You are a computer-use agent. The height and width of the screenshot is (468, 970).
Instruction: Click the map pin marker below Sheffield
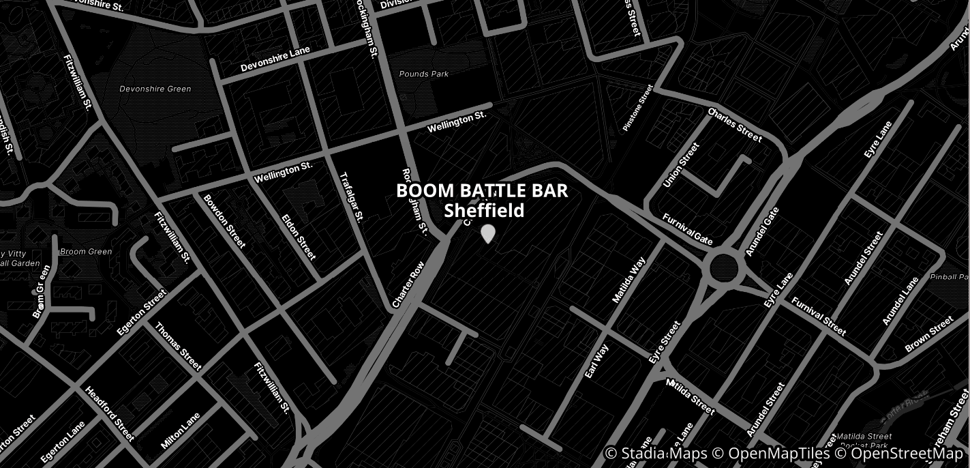487,234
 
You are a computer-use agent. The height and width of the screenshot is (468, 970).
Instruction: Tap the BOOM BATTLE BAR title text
482,191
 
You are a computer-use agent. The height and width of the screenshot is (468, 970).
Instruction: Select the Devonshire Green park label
155,89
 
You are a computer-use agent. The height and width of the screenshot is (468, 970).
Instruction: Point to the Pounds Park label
424,74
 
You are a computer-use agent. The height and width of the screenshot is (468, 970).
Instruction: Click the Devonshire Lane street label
275,59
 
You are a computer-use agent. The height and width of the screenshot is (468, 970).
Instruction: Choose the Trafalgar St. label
352,196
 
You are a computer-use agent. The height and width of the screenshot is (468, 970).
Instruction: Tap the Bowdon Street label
224,221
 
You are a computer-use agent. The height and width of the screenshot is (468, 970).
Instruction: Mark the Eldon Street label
299,237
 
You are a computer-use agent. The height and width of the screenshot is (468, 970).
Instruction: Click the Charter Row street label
408,284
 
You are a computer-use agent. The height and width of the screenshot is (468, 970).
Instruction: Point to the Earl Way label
596,361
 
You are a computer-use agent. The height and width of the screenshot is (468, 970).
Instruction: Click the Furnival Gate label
688,229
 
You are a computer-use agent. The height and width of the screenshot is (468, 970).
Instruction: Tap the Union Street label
682,165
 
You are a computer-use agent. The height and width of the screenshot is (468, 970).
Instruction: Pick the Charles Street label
735,125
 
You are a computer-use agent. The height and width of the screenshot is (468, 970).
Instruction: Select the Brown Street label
929,334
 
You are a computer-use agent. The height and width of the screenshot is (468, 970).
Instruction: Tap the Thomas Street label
178,346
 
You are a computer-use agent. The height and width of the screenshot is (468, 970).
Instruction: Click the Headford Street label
110,413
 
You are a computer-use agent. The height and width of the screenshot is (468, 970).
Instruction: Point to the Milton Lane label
181,430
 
